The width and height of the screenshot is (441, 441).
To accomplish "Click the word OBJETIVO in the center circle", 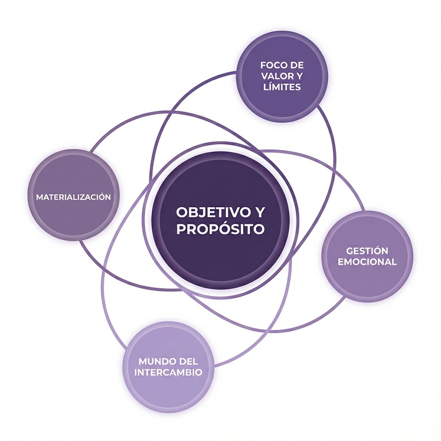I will tap(209, 212).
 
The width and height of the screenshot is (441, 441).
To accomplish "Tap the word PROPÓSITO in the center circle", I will tap(220, 229).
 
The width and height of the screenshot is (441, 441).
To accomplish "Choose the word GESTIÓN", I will tap(367, 251).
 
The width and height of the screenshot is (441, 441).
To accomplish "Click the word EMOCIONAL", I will tap(367, 262).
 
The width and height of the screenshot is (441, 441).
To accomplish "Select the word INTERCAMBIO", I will tap(168, 372).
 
